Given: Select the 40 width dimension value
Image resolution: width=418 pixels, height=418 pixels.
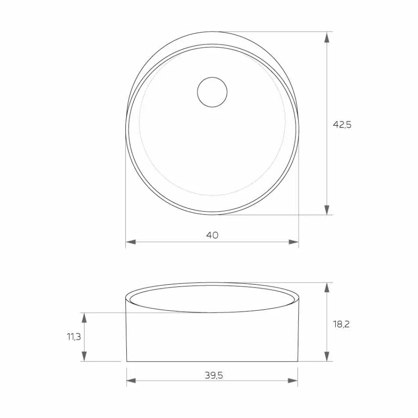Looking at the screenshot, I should pyautogui.click(x=212, y=235).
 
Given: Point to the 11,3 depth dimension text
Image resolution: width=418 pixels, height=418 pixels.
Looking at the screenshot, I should pyautogui.click(x=74, y=337).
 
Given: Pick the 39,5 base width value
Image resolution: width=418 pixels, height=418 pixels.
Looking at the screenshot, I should pyautogui.click(x=214, y=375).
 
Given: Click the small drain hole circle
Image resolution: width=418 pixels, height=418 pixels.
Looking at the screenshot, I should pyautogui.click(x=212, y=92).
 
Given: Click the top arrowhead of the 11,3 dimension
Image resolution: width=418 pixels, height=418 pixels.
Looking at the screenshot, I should pyautogui.click(x=84, y=317).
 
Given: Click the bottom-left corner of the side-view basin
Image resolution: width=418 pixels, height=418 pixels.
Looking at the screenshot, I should pyautogui.click(x=127, y=361).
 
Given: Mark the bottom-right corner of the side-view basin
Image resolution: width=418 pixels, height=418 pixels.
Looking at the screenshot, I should pyautogui.click(x=298, y=361).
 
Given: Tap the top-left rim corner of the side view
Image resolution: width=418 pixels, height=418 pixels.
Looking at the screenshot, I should pyautogui.click(x=126, y=298).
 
